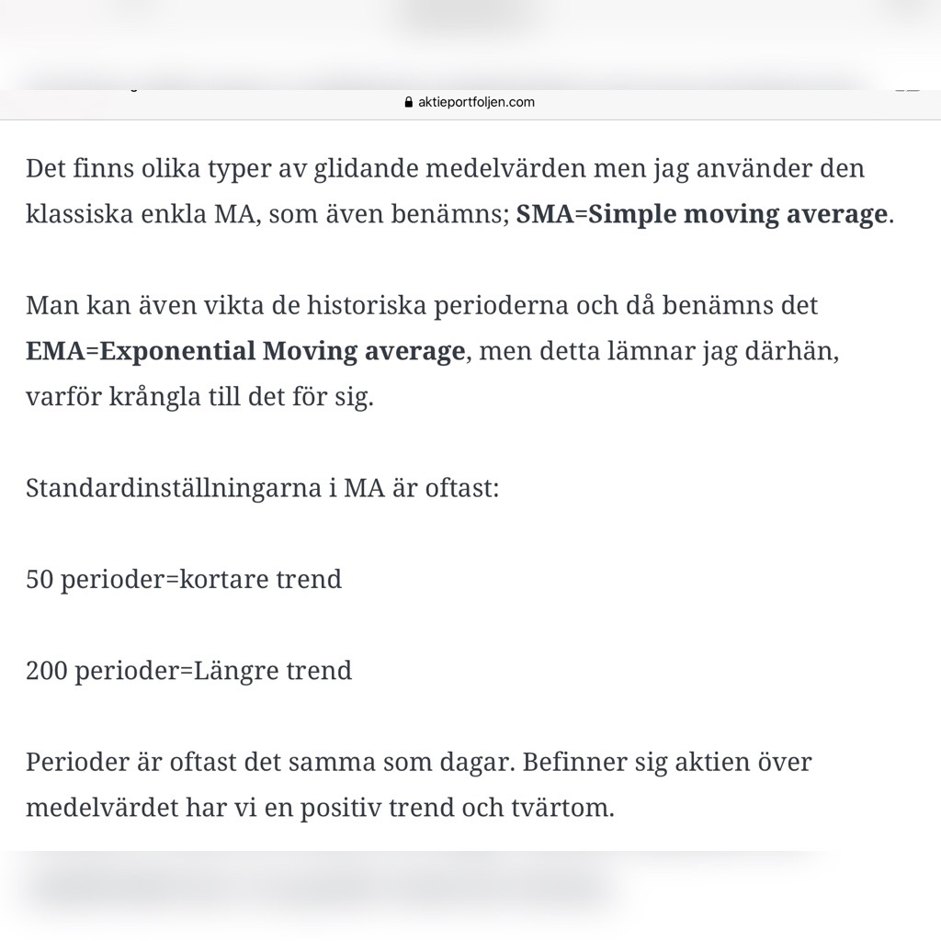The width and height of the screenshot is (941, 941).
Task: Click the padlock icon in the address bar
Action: tap(409, 102)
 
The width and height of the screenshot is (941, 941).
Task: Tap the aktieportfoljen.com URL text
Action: tap(476, 102)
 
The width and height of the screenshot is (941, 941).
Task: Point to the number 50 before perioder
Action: tap(40, 580)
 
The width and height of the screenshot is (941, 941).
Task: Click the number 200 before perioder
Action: tap(46, 671)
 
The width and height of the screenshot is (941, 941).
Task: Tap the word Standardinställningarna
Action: tap(174, 488)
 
